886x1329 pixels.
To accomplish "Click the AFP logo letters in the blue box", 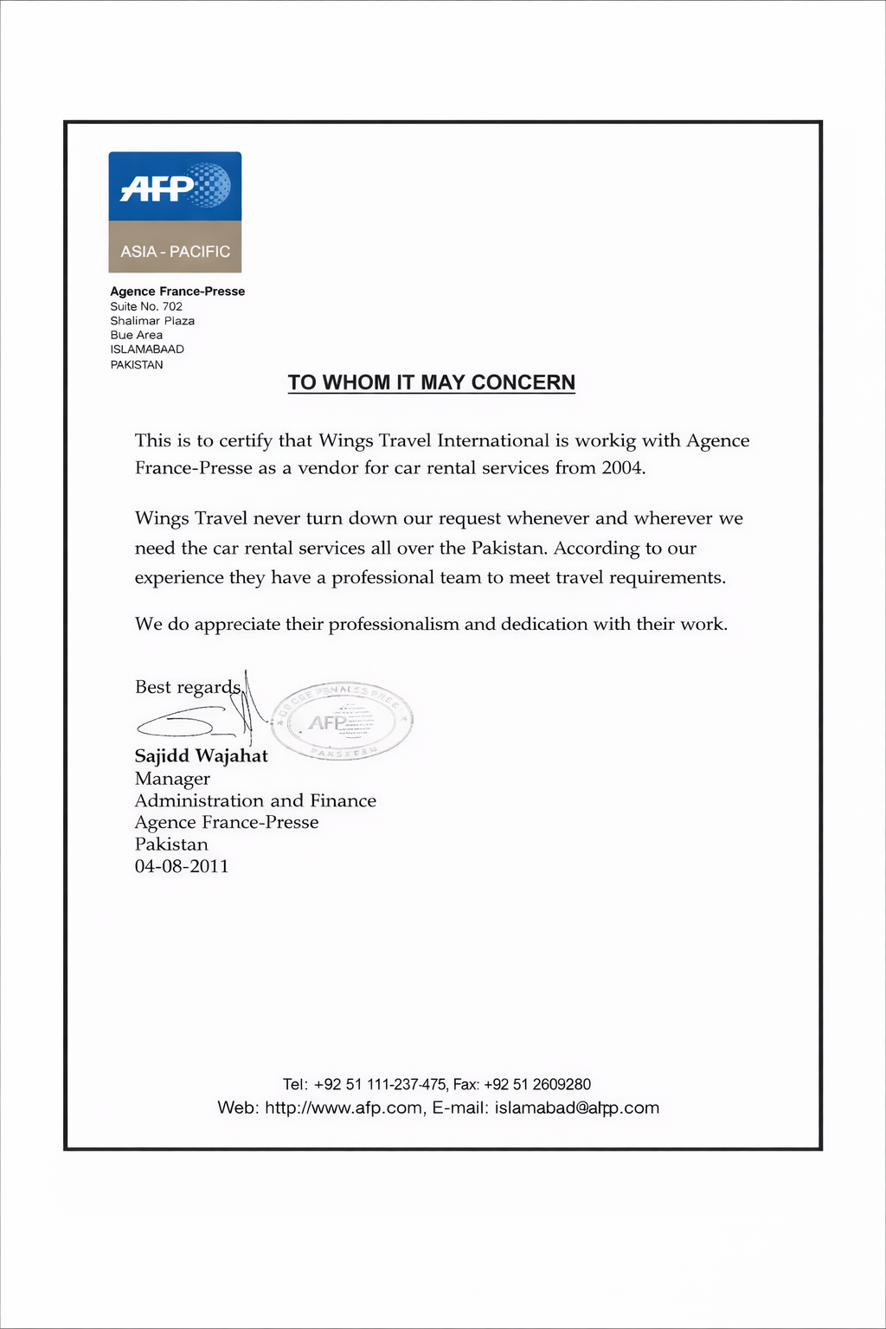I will (x=156, y=187).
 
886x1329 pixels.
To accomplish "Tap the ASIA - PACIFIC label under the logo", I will (x=175, y=252).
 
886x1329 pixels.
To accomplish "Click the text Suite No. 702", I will (x=146, y=306).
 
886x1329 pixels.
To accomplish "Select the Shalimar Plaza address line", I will (x=152, y=321).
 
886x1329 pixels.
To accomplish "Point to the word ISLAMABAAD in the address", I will (x=147, y=350).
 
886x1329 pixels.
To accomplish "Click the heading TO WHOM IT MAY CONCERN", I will (x=431, y=382).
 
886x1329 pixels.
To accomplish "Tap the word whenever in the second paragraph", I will (x=548, y=518).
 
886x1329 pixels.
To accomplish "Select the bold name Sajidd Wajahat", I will (x=202, y=755).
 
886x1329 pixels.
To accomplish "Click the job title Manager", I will (x=172, y=779).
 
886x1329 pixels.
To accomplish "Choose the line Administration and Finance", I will (x=255, y=800).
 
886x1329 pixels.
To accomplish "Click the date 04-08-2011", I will (x=182, y=866).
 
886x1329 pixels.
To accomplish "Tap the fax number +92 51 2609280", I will (x=537, y=1084).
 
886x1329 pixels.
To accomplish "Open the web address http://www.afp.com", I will (x=343, y=1107).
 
